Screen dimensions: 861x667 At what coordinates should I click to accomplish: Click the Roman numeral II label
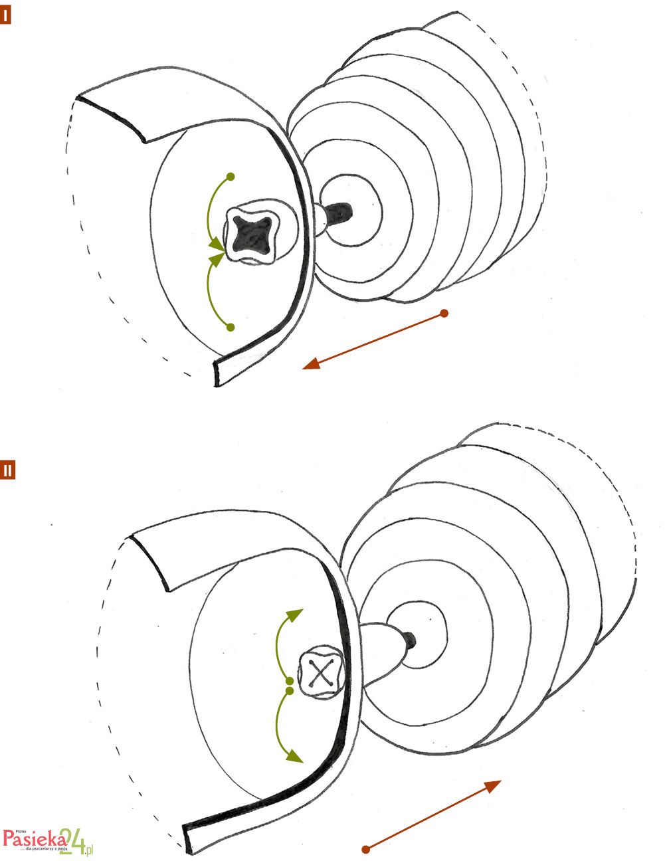click(7, 470)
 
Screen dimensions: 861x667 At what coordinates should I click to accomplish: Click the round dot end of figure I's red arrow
click(444, 313)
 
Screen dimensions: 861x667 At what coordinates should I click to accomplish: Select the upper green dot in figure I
click(231, 177)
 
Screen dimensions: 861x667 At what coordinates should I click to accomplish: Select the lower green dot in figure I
click(231, 327)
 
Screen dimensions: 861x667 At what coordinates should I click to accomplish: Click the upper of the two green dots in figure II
click(289, 682)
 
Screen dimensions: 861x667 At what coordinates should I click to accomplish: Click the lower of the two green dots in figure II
click(290, 692)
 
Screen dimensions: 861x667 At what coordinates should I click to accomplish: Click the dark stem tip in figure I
click(341, 215)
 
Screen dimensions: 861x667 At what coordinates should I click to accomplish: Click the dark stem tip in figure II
click(410, 639)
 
